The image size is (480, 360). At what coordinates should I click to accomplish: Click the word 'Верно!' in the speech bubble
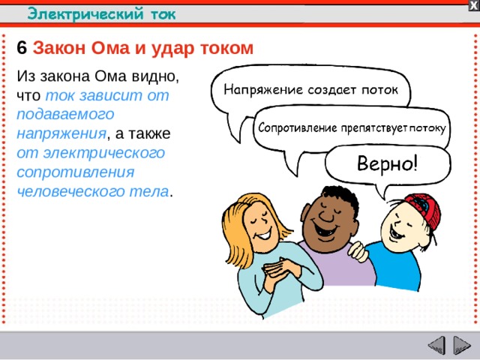pyautogui.click(x=387, y=163)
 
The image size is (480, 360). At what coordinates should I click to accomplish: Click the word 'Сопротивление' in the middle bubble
pyautogui.click(x=296, y=127)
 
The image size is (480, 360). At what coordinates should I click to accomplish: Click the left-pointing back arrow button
pyautogui.click(x=436, y=346)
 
